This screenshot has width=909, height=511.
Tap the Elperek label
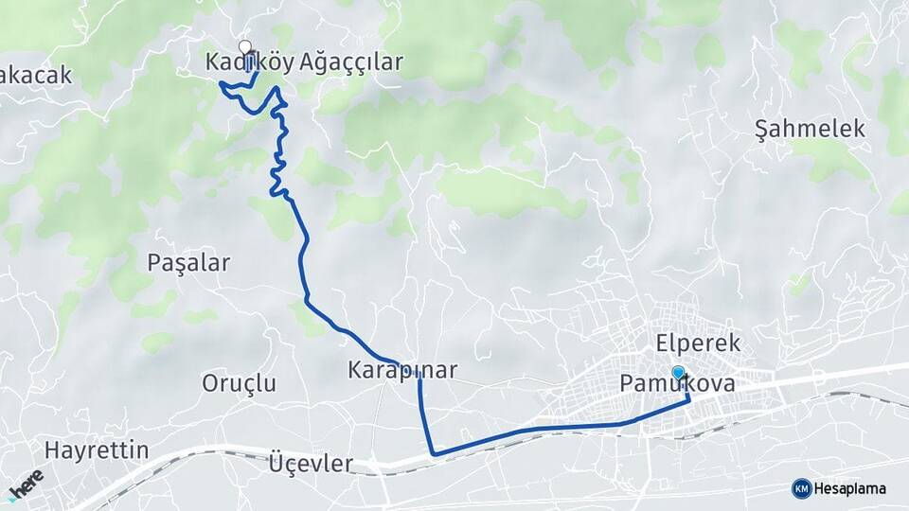tap(697, 343)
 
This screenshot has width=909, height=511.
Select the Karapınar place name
tap(402, 370)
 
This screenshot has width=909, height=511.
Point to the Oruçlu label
tap(240, 383)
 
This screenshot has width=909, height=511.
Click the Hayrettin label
tap(97, 449)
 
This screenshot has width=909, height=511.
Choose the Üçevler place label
tap(312, 465)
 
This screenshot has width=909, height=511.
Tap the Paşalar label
tap(188, 263)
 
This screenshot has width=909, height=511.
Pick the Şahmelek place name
tap(811, 130)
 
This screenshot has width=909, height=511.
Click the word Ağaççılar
tap(351, 63)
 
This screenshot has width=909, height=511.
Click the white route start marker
tap(245, 46)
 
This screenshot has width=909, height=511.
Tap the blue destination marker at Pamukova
tap(678, 373)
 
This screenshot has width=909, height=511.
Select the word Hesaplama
tap(849, 488)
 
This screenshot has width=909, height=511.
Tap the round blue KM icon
tap(801, 488)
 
